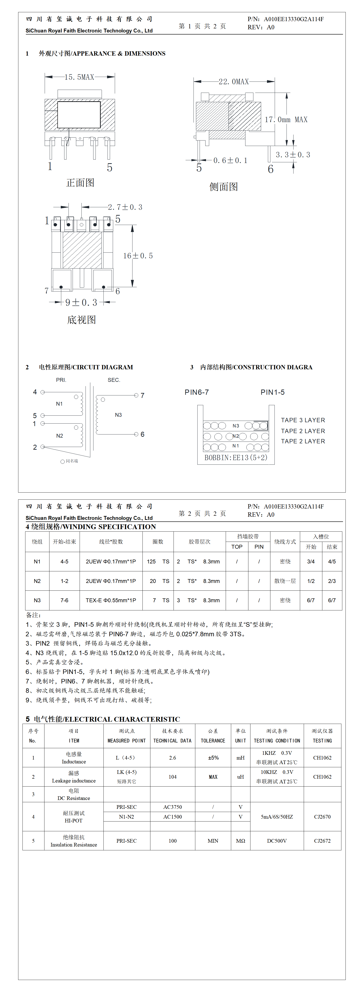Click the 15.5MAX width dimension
[x=79, y=77]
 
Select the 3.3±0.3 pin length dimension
[x=293, y=155]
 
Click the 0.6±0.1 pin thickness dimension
[x=230, y=160]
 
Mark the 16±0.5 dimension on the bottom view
[x=138, y=256]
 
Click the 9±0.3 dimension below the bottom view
[x=81, y=303]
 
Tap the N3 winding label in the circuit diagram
[x=118, y=415]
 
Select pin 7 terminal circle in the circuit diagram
[x=136, y=395]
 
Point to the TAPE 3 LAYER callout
[x=303, y=420]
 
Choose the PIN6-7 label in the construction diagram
[x=197, y=392]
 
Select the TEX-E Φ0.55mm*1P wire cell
[x=111, y=600]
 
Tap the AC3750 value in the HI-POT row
[x=172, y=807]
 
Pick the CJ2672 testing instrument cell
[x=322, y=841]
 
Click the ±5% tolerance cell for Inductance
[x=213, y=758]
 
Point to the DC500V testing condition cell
[x=277, y=841]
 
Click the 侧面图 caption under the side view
[x=224, y=187]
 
